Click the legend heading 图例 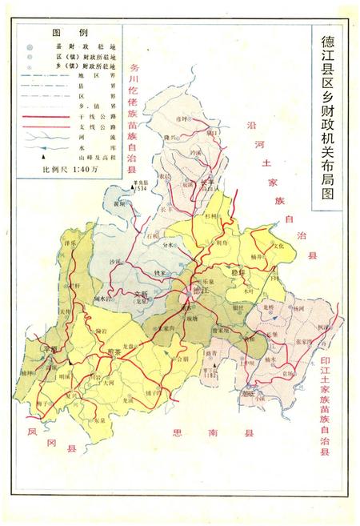[x=63, y=34]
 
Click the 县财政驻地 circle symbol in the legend [x=30, y=48]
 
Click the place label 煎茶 [x=114, y=350]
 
